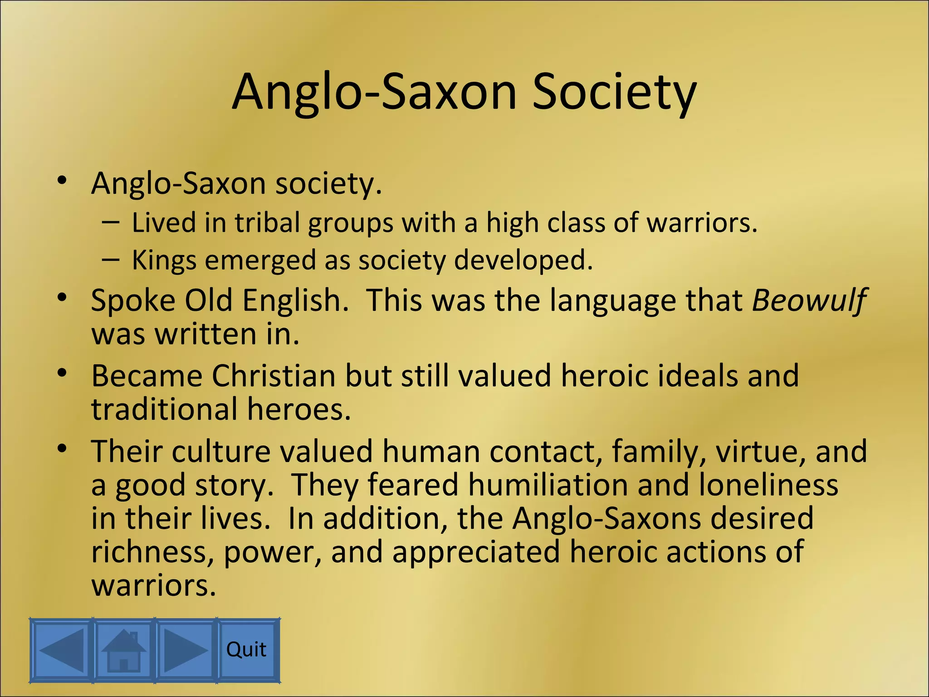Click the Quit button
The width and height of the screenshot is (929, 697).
click(247, 649)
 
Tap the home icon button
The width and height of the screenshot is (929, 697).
click(123, 649)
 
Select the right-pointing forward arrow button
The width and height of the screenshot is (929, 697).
click(185, 649)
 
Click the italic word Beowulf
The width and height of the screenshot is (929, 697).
click(809, 301)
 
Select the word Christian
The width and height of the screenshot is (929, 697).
click(274, 376)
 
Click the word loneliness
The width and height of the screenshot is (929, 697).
click(768, 485)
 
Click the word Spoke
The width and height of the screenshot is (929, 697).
click(133, 301)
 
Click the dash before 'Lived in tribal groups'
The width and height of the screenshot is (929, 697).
click(111, 222)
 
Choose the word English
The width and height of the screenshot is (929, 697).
click(295, 301)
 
